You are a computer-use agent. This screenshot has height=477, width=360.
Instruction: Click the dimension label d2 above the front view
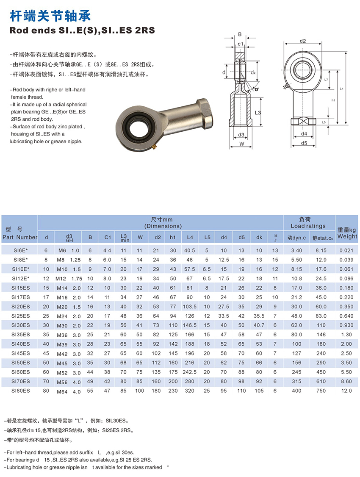click(x=303, y=41)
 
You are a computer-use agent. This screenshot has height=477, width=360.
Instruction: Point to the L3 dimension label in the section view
click(x=258, y=112)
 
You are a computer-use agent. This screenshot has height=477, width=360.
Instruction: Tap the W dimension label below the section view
click(x=241, y=144)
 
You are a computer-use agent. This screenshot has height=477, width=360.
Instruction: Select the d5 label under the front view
click(x=304, y=143)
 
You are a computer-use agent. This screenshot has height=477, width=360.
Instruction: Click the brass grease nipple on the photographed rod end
click(x=154, y=147)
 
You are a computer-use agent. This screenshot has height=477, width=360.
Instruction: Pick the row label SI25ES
click(x=21, y=316)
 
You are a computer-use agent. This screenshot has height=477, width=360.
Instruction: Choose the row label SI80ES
click(x=21, y=391)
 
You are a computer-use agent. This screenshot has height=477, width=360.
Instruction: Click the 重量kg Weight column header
click(x=347, y=233)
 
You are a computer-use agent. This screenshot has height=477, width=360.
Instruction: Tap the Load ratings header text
click(x=308, y=226)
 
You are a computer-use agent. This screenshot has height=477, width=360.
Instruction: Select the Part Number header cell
click(x=19, y=237)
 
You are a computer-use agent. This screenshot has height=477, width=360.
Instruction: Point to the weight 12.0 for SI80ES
click(x=346, y=391)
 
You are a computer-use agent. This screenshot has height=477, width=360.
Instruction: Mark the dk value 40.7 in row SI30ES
click(x=259, y=325)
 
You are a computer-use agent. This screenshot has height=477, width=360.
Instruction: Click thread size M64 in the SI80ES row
click(x=62, y=391)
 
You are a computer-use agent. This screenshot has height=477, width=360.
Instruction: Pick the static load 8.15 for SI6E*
click(x=321, y=250)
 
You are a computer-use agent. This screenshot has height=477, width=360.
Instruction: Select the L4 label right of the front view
click(x=342, y=89)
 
